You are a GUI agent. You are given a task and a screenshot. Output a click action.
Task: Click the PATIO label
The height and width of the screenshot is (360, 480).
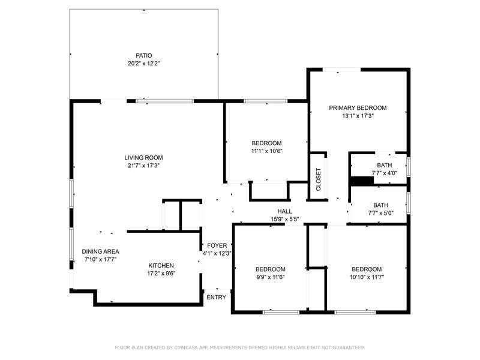(143, 56)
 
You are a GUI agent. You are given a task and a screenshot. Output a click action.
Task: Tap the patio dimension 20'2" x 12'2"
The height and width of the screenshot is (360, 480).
(144, 64)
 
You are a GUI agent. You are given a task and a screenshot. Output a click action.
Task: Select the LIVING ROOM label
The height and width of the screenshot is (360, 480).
(143, 158)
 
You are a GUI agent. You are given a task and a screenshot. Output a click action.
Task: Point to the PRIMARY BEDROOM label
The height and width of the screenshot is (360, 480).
(358, 108)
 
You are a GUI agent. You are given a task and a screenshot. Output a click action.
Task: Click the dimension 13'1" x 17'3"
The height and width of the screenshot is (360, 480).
(358, 116)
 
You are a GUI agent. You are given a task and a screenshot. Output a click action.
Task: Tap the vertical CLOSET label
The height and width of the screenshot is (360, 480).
(319, 179)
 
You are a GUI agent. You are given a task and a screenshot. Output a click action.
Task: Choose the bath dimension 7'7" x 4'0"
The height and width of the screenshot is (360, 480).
(385, 173)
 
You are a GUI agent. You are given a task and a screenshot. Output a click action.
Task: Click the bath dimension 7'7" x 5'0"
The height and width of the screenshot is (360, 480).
(381, 213)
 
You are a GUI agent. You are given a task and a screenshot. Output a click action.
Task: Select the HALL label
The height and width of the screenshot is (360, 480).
(284, 211)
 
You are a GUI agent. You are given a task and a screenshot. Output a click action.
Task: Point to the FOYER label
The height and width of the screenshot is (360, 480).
(217, 245)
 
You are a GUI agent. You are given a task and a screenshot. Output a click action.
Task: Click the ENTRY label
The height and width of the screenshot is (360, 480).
(217, 297)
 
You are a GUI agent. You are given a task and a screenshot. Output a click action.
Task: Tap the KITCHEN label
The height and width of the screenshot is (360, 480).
(161, 266)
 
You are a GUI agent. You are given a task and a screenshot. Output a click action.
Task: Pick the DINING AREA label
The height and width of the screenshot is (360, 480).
(100, 251)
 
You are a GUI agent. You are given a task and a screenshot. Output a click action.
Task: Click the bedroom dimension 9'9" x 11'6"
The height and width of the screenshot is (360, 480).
(271, 277)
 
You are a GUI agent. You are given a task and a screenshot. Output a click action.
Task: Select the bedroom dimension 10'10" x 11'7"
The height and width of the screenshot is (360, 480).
(367, 277)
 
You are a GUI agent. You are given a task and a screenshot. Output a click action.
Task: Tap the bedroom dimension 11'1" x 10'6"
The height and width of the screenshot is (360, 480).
(266, 151)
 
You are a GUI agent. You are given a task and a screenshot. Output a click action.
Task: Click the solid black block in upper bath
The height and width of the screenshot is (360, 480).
(362, 181)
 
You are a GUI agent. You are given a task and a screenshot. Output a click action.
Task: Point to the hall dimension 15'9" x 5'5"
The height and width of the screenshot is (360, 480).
(284, 219)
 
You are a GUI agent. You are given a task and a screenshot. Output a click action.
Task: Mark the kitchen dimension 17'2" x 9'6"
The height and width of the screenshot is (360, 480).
(161, 274)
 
